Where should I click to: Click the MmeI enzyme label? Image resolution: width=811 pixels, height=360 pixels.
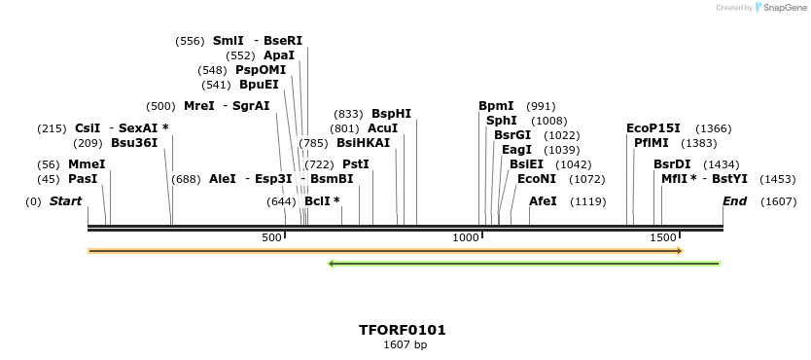pyautogui.click(x=87, y=164)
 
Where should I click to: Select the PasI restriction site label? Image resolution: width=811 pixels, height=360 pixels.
pyautogui.click(x=83, y=179)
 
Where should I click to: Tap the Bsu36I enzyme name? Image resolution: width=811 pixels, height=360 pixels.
pyautogui.click(x=134, y=142)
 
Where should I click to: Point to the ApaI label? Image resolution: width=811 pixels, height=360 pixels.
pyautogui.click(x=279, y=55)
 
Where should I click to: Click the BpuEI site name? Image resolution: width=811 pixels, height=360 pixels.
pyautogui.click(x=259, y=85)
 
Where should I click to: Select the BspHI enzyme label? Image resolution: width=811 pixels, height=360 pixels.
pyautogui.click(x=391, y=114)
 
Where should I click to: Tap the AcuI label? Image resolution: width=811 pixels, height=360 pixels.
pyautogui.click(x=382, y=128)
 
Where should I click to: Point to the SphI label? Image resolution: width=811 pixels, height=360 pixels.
pyautogui.click(x=502, y=121)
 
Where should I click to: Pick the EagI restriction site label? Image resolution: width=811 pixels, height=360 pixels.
pyautogui.click(x=516, y=150)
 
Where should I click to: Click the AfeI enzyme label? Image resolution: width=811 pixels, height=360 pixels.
pyautogui.click(x=543, y=201)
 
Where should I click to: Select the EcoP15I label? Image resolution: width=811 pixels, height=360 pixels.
pyautogui.click(x=653, y=128)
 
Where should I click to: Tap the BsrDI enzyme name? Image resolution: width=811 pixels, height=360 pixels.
pyautogui.click(x=672, y=164)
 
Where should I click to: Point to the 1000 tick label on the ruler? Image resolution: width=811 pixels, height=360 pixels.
pyautogui.click(x=467, y=238)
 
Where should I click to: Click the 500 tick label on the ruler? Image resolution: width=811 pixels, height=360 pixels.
pyautogui.click(x=272, y=238)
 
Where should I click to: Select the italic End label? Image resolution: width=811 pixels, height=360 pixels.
pyautogui.click(x=734, y=201)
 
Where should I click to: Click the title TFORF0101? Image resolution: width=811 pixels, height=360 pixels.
pyautogui.click(x=403, y=331)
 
